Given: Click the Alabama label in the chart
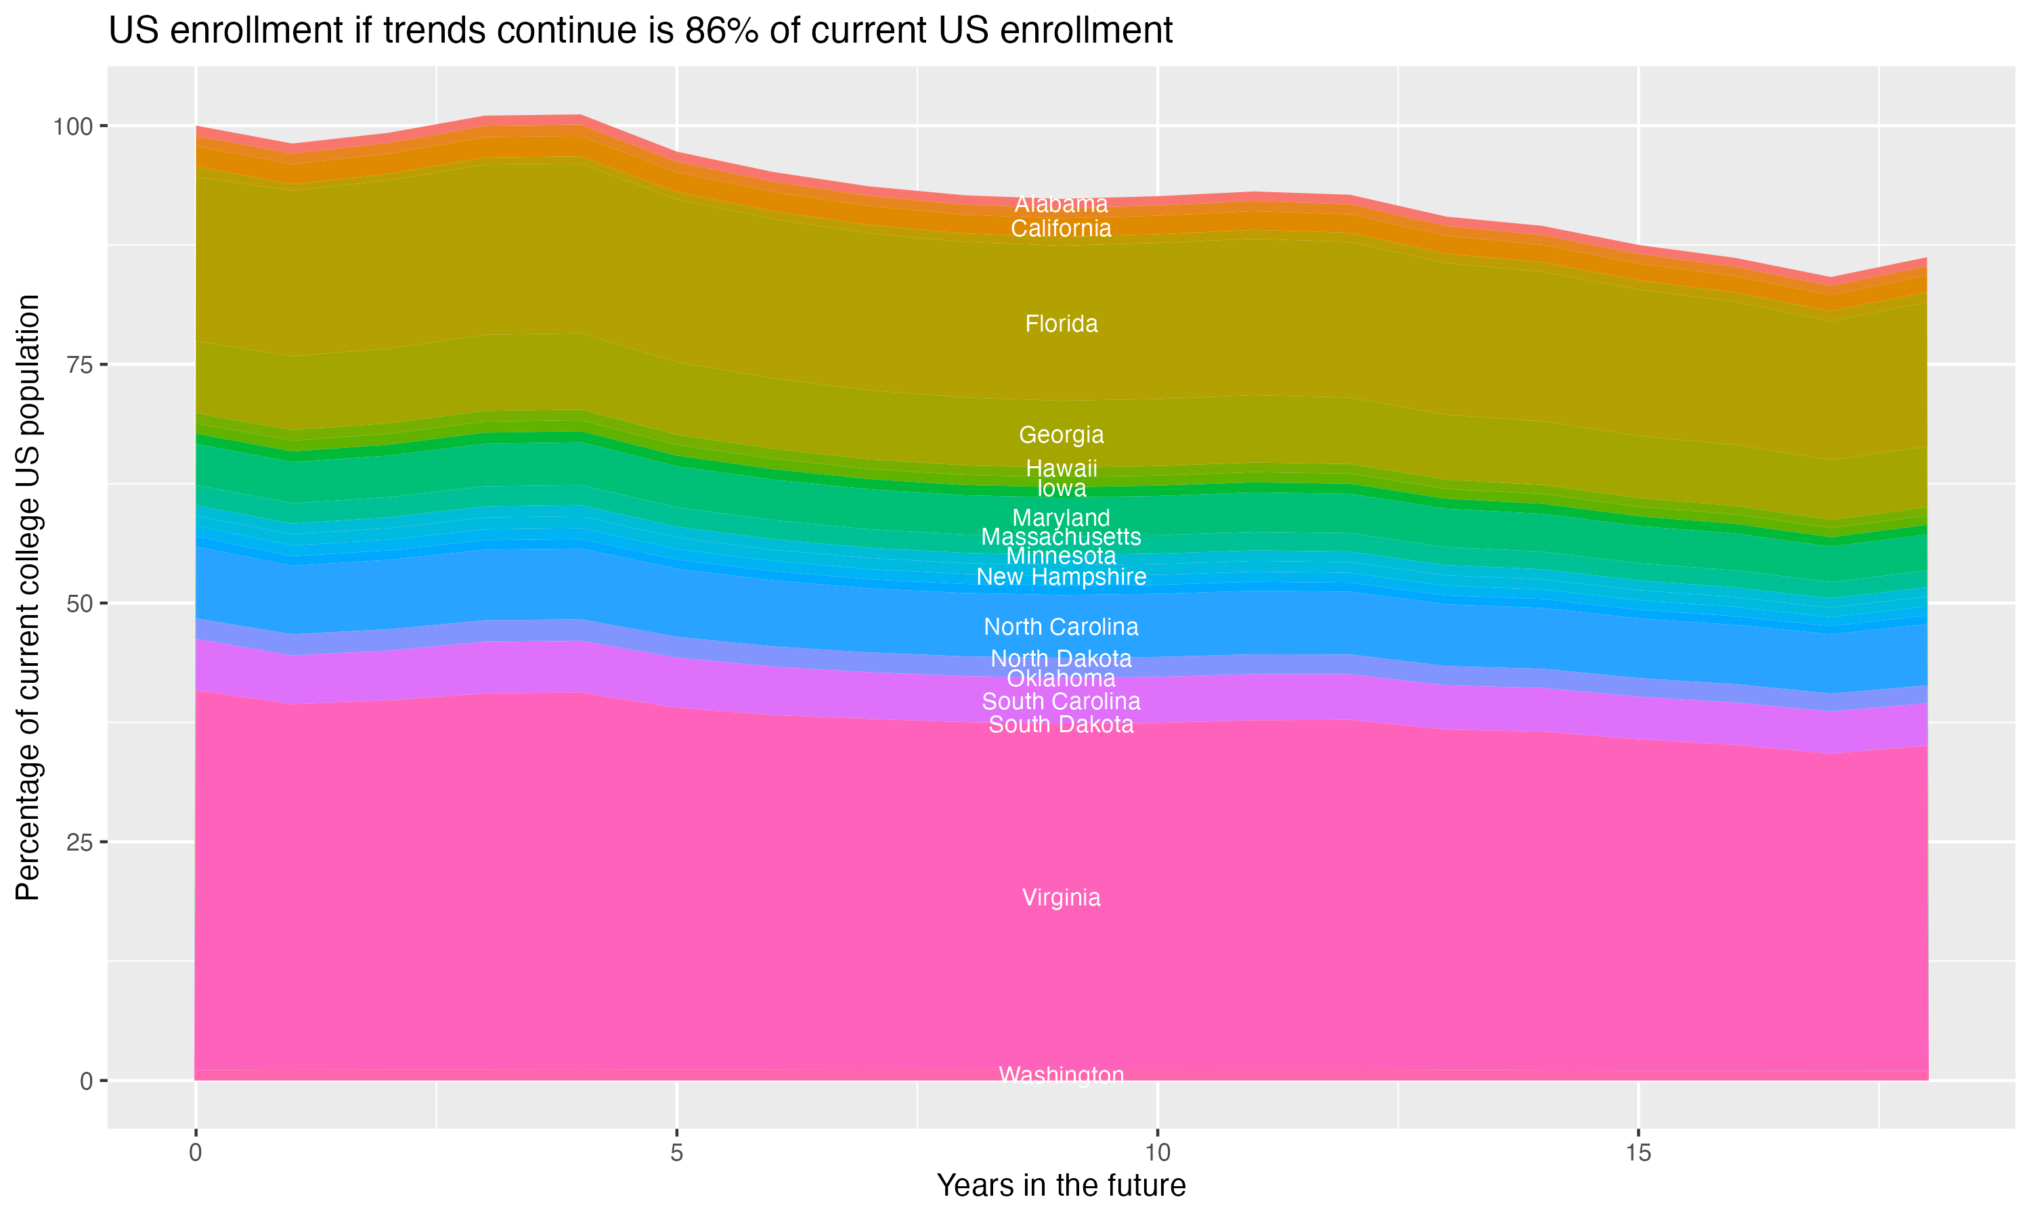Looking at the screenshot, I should tap(1061, 204).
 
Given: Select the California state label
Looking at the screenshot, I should tap(1061, 229).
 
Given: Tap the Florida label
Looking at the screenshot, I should tap(1061, 324).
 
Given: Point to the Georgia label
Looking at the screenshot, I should tap(1061, 435).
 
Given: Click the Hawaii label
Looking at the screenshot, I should tap(1061, 469).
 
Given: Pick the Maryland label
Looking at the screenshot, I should tap(1061, 518).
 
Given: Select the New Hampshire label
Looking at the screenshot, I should tap(1061, 577).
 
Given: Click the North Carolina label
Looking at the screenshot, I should tap(1061, 627).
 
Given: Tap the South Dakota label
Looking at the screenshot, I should tap(1061, 725).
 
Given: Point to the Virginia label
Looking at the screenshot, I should tap(1061, 897).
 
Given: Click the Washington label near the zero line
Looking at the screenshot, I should tap(1061, 1075).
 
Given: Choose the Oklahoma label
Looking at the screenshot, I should tap(1061, 679).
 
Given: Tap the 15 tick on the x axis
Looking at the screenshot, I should tap(1638, 1153).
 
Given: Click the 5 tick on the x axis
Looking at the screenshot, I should tap(676, 1153).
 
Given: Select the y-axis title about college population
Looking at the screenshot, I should tap(28, 597).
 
